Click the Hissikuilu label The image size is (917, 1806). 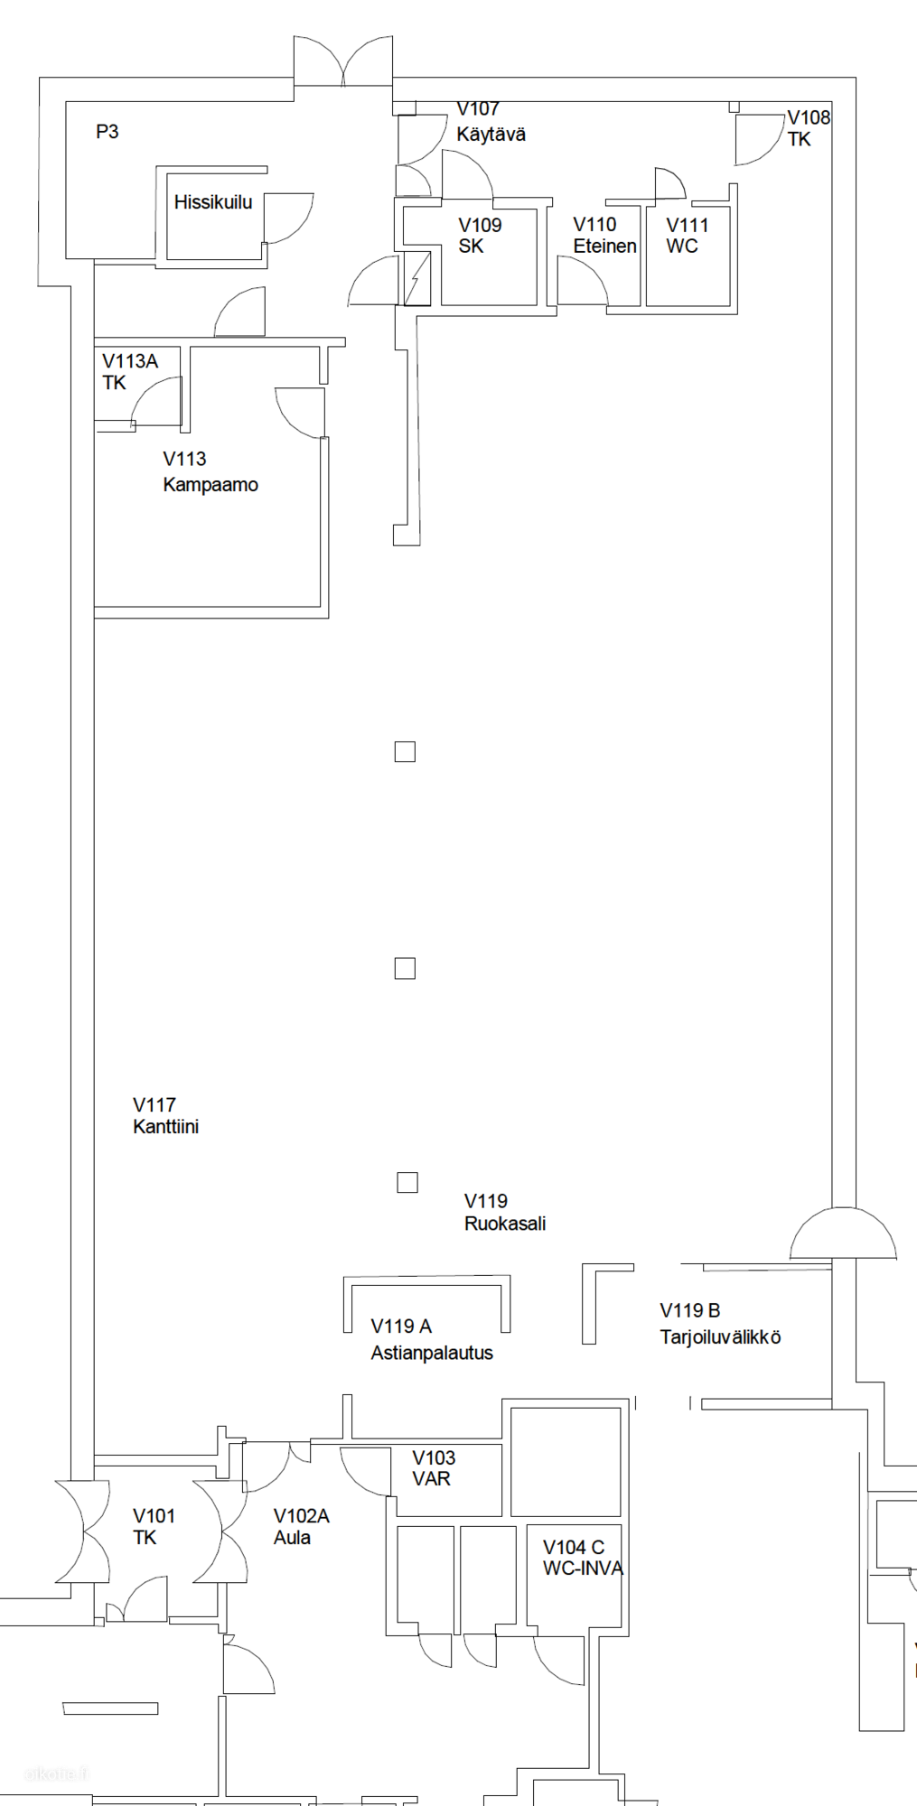point(213,202)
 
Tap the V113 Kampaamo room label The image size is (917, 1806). point(211,471)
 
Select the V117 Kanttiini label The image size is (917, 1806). point(165,1115)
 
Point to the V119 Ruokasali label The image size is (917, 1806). point(505,1212)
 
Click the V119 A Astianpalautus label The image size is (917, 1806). point(432,1339)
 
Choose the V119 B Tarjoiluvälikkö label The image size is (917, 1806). point(720,1323)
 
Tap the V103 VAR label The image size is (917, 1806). point(434,1467)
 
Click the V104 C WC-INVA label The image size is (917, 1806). point(583,1558)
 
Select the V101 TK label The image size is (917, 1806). point(154,1526)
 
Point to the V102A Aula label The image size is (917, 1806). point(301,1526)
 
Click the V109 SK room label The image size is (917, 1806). point(480,235)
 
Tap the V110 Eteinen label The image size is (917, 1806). point(604,235)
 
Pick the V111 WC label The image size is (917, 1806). point(687,235)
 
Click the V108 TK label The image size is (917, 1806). point(809,128)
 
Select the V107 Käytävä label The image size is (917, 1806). point(491,122)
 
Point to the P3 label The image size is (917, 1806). point(108,132)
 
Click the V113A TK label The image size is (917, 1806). point(130,371)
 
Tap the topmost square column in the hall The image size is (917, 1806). point(405,751)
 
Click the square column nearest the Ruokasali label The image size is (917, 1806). point(407,1182)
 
